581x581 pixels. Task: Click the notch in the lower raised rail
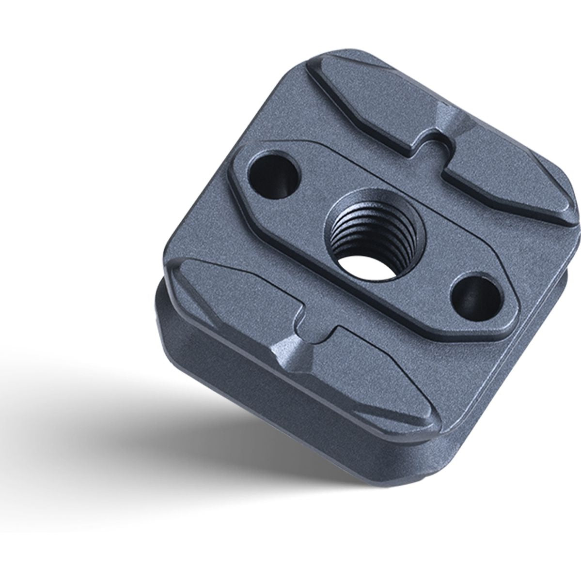pos(317,329)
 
